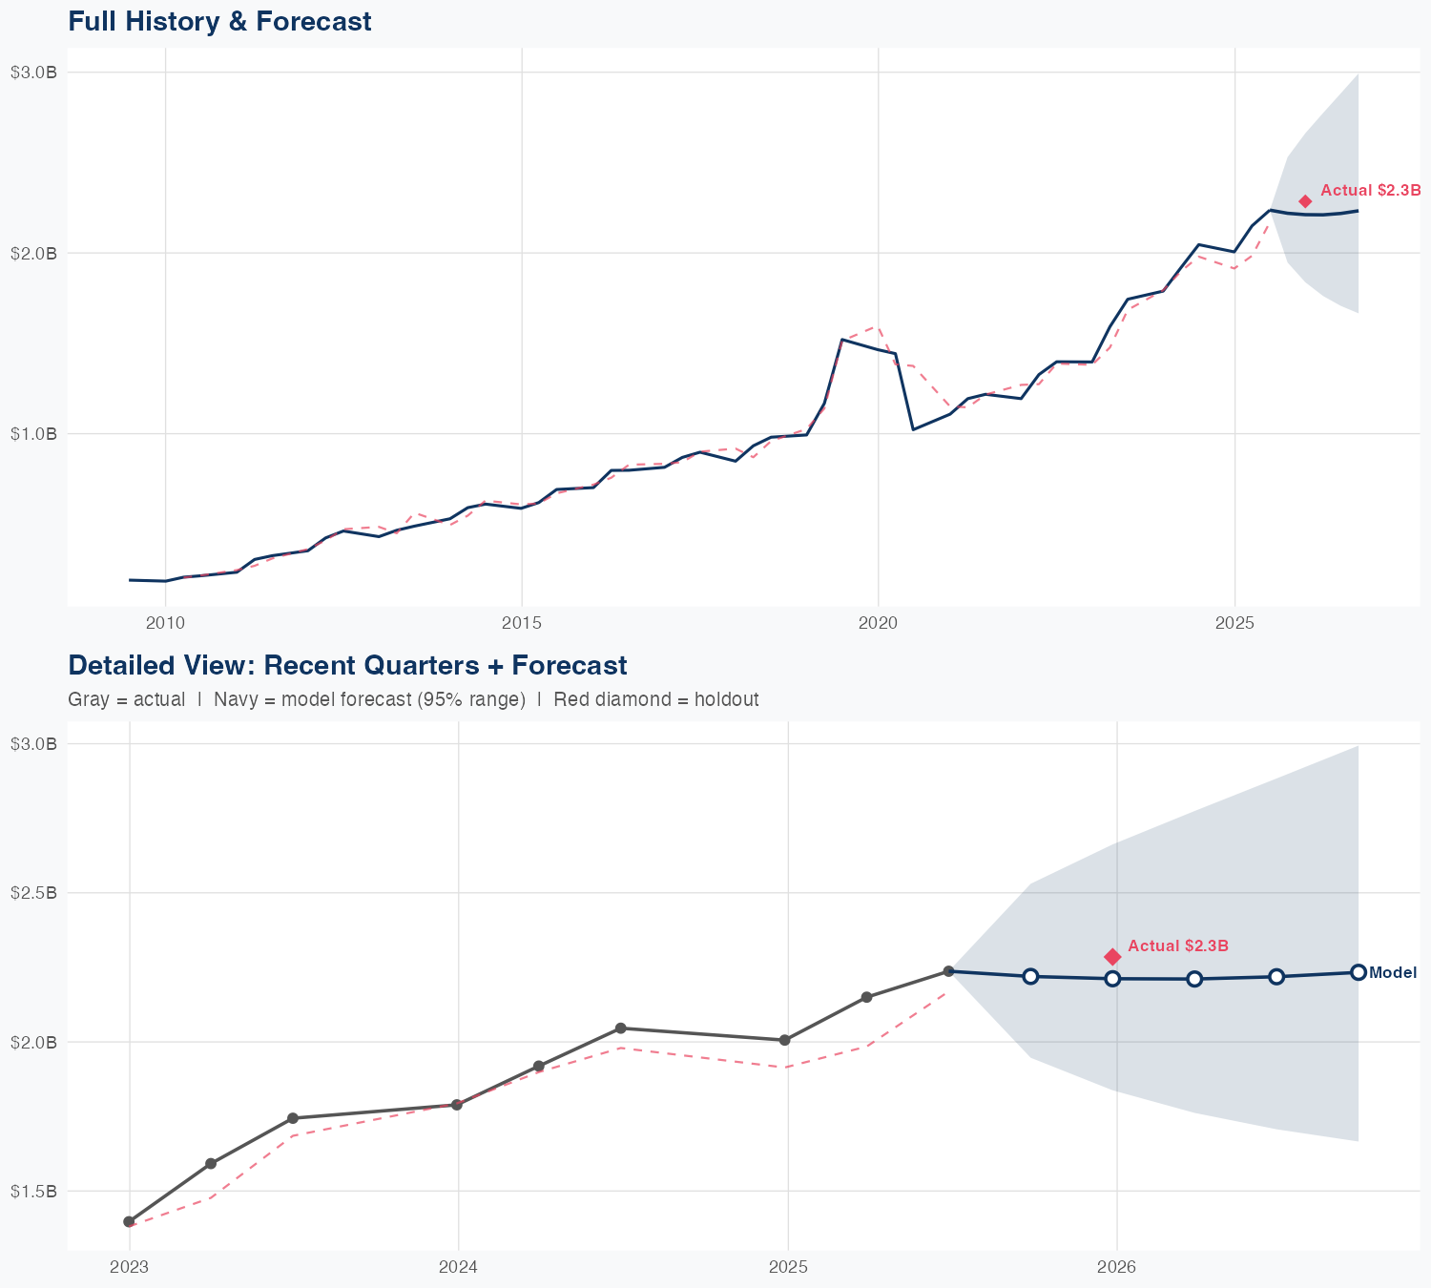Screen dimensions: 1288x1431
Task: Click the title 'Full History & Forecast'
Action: coord(219,21)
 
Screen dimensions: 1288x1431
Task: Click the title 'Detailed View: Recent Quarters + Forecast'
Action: coord(347,665)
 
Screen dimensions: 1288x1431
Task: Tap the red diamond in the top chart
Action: coord(1305,201)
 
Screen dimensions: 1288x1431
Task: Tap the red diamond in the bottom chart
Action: coord(1112,956)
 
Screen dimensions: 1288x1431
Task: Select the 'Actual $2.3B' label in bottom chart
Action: coord(1178,945)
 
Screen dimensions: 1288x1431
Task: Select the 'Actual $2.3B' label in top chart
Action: coord(1371,191)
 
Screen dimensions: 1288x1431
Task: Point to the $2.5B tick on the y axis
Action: coord(33,893)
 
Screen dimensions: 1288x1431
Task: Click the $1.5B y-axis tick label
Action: coord(33,1192)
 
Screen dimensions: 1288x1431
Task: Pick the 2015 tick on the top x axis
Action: coord(522,623)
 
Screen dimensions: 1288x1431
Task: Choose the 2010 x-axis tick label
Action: coord(165,623)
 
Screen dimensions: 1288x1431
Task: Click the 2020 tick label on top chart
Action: coord(878,623)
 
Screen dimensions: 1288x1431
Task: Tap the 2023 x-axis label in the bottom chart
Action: coord(129,1267)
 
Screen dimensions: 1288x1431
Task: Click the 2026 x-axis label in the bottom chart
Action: coord(1116,1267)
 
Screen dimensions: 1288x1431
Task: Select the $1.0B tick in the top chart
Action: coord(33,434)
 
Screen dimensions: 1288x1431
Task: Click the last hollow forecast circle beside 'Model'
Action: coord(1358,972)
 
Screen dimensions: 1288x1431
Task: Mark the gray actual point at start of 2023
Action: coord(129,1221)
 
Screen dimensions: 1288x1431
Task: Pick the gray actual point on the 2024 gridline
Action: coord(457,1105)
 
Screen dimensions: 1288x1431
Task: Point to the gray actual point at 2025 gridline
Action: coord(785,1040)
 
